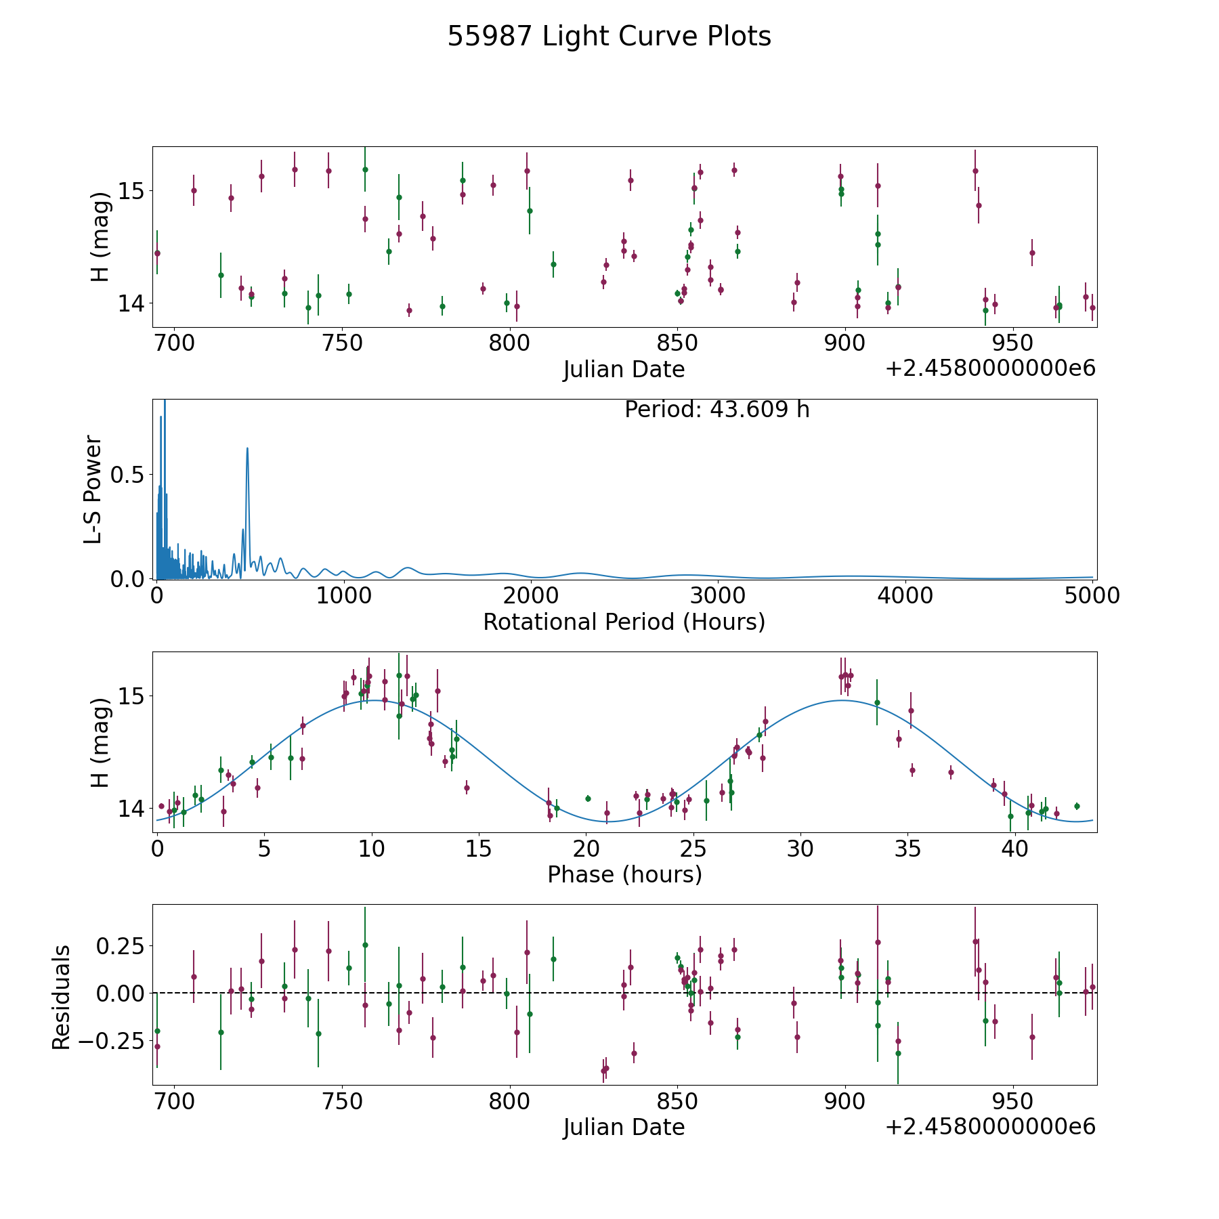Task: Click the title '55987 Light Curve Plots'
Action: point(609,37)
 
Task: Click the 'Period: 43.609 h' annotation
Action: point(717,410)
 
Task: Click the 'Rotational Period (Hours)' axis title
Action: point(624,622)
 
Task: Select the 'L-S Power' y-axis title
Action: point(93,490)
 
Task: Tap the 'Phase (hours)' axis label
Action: point(624,874)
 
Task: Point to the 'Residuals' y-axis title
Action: point(62,997)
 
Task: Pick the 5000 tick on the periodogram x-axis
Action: point(1092,595)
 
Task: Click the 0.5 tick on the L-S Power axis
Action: point(129,475)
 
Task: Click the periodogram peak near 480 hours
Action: point(247,448)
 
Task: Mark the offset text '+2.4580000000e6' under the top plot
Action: point(990,368)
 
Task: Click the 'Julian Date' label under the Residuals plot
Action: point(624,1127)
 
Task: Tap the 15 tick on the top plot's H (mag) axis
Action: point(131,191)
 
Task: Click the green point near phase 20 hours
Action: point(588,798)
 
